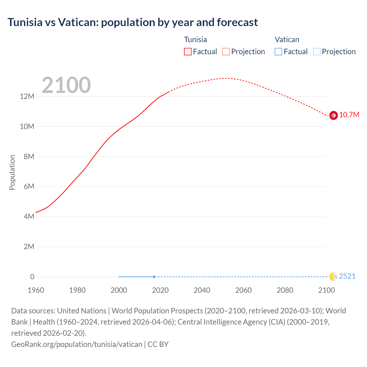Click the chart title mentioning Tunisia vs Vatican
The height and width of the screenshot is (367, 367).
pyautogui.click(x=132, y=22)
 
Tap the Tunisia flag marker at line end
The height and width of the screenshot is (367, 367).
pyautogui.click(x=333, y=115)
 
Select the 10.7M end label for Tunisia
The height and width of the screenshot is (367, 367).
pyautogui.click(x=349, y=115)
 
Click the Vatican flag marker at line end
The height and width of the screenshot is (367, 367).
pyautogui.click(x=333, y=277)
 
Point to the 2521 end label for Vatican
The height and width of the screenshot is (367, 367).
pyautogui.click(x=347, y=276)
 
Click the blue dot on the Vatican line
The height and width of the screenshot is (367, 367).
pyautogui.click(x=154, y=277)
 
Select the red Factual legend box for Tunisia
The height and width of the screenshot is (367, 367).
pyautogui.click(x=188, y=52)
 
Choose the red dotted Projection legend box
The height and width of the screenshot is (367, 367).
pyautogui.click(x=226, y=52)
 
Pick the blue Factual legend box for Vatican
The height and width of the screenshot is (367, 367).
pyautogui.click(x=278, y=52)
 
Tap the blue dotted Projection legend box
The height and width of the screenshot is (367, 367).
pyautogui.click(x=317, y=52)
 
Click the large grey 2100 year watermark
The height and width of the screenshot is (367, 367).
pyautogui.click(x=66, y=85)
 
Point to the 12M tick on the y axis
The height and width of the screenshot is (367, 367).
pyautogui.click(x=27, y=97)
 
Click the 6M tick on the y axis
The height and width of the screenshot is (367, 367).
pyautogui.click(x=29, y=187)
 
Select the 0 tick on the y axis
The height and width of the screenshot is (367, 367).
pyautogui.click(x=32, y=277)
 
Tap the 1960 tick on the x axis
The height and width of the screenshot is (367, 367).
pyautogui.click(x=36, y=290)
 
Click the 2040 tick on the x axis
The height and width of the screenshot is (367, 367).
pyautogui.click(x=202, y=290)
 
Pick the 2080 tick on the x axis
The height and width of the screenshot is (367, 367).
pyautogui.click(x=285, y=290)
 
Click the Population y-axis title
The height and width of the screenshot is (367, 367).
pyautogui.click(x=12, y=172)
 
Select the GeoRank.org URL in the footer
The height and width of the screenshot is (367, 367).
pyautogui.click(x=77, y=344)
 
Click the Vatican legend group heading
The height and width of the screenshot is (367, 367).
pyautogui.click(x=287, y=40)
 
